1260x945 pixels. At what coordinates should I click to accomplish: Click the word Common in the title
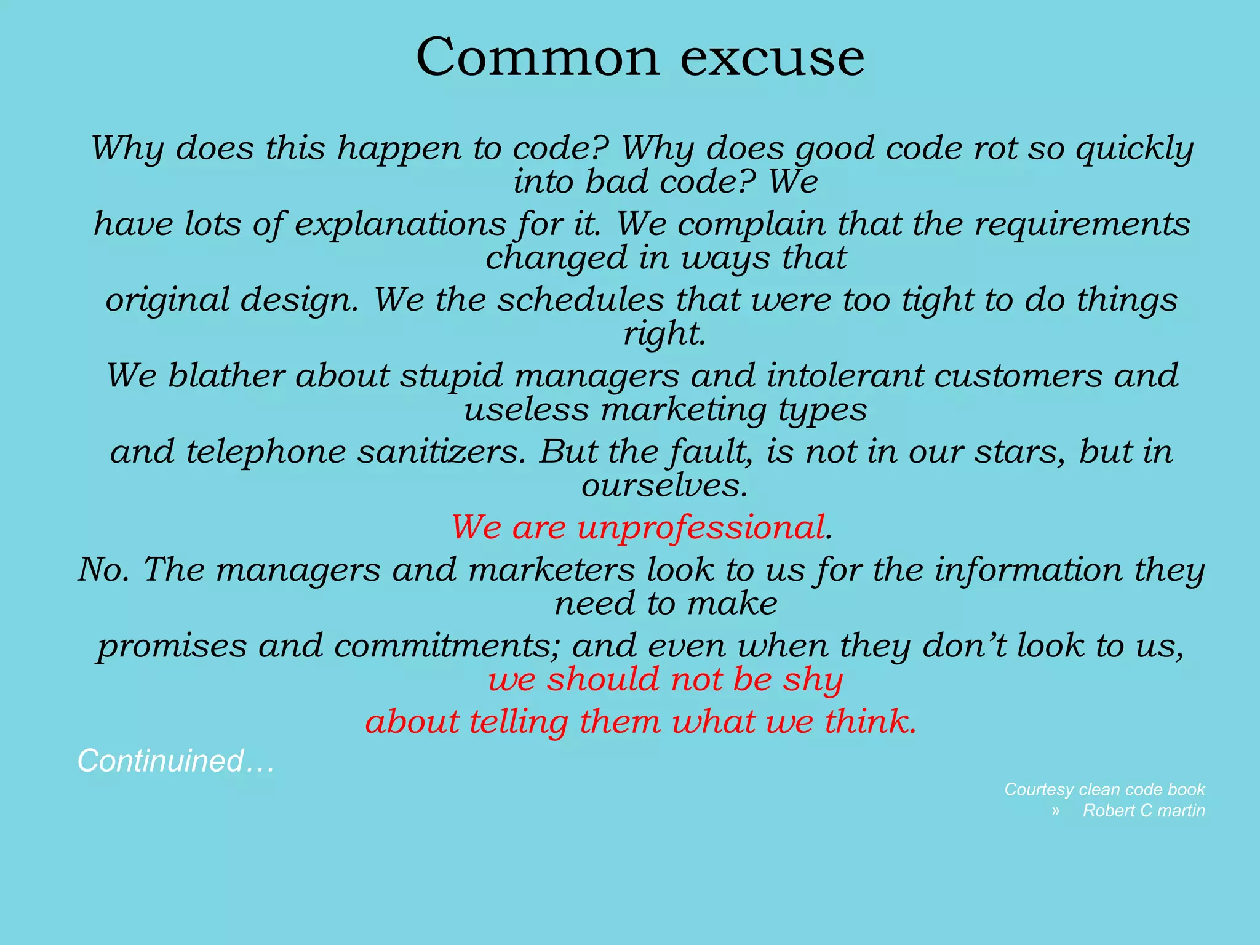coord(537,57)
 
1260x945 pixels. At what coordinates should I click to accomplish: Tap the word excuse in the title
coord(772,57)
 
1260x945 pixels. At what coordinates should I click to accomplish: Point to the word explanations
coord(400,225)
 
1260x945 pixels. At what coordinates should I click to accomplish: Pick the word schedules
coord(580,300)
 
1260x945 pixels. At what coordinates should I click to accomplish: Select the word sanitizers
coord(441,452)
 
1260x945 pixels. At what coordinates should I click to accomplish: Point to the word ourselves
coord(664,485)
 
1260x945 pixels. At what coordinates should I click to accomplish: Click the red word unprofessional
coord(701,528)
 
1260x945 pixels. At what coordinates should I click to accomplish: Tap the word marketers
coord(551,570)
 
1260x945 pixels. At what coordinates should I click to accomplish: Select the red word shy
coord(812,680)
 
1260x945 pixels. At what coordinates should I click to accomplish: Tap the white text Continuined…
coord(175,761)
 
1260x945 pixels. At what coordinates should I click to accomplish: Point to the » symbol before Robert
coord(1056,811)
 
